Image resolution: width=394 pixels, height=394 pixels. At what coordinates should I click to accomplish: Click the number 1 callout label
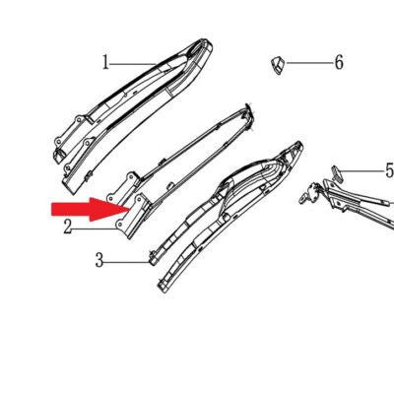[x=105, y=62]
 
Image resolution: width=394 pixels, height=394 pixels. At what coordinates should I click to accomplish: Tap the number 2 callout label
[x=68, y=227]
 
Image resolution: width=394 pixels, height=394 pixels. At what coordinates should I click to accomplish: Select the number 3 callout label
[x=99, y=260]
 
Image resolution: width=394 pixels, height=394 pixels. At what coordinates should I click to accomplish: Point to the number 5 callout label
[x=390, y=171]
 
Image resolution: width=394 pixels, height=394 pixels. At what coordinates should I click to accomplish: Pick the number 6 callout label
[x=339, y=62]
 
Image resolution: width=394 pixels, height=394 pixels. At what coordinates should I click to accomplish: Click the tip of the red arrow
[x=130, y=209]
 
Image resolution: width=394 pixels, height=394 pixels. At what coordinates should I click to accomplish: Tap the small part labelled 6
[x=277, y=65]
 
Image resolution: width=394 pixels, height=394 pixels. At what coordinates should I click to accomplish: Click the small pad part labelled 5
[x=336, y=172]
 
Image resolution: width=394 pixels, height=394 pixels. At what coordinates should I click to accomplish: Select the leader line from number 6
[x=309, y=62]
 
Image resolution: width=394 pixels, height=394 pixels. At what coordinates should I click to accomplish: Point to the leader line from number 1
[x=133, y=64]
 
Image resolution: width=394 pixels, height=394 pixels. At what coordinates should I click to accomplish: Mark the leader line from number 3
[x=127, y=262]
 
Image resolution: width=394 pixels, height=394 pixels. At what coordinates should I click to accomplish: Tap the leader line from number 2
[x=95, y=229]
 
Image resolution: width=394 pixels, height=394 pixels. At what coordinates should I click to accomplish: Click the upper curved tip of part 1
[x=207, y=42]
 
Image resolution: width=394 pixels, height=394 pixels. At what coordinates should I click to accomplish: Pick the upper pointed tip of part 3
[x=298, y=144]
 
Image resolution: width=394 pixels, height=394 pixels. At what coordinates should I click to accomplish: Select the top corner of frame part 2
[x=247, y=105]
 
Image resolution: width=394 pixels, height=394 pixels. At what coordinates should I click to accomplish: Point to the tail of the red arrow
[x=52, y=210]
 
